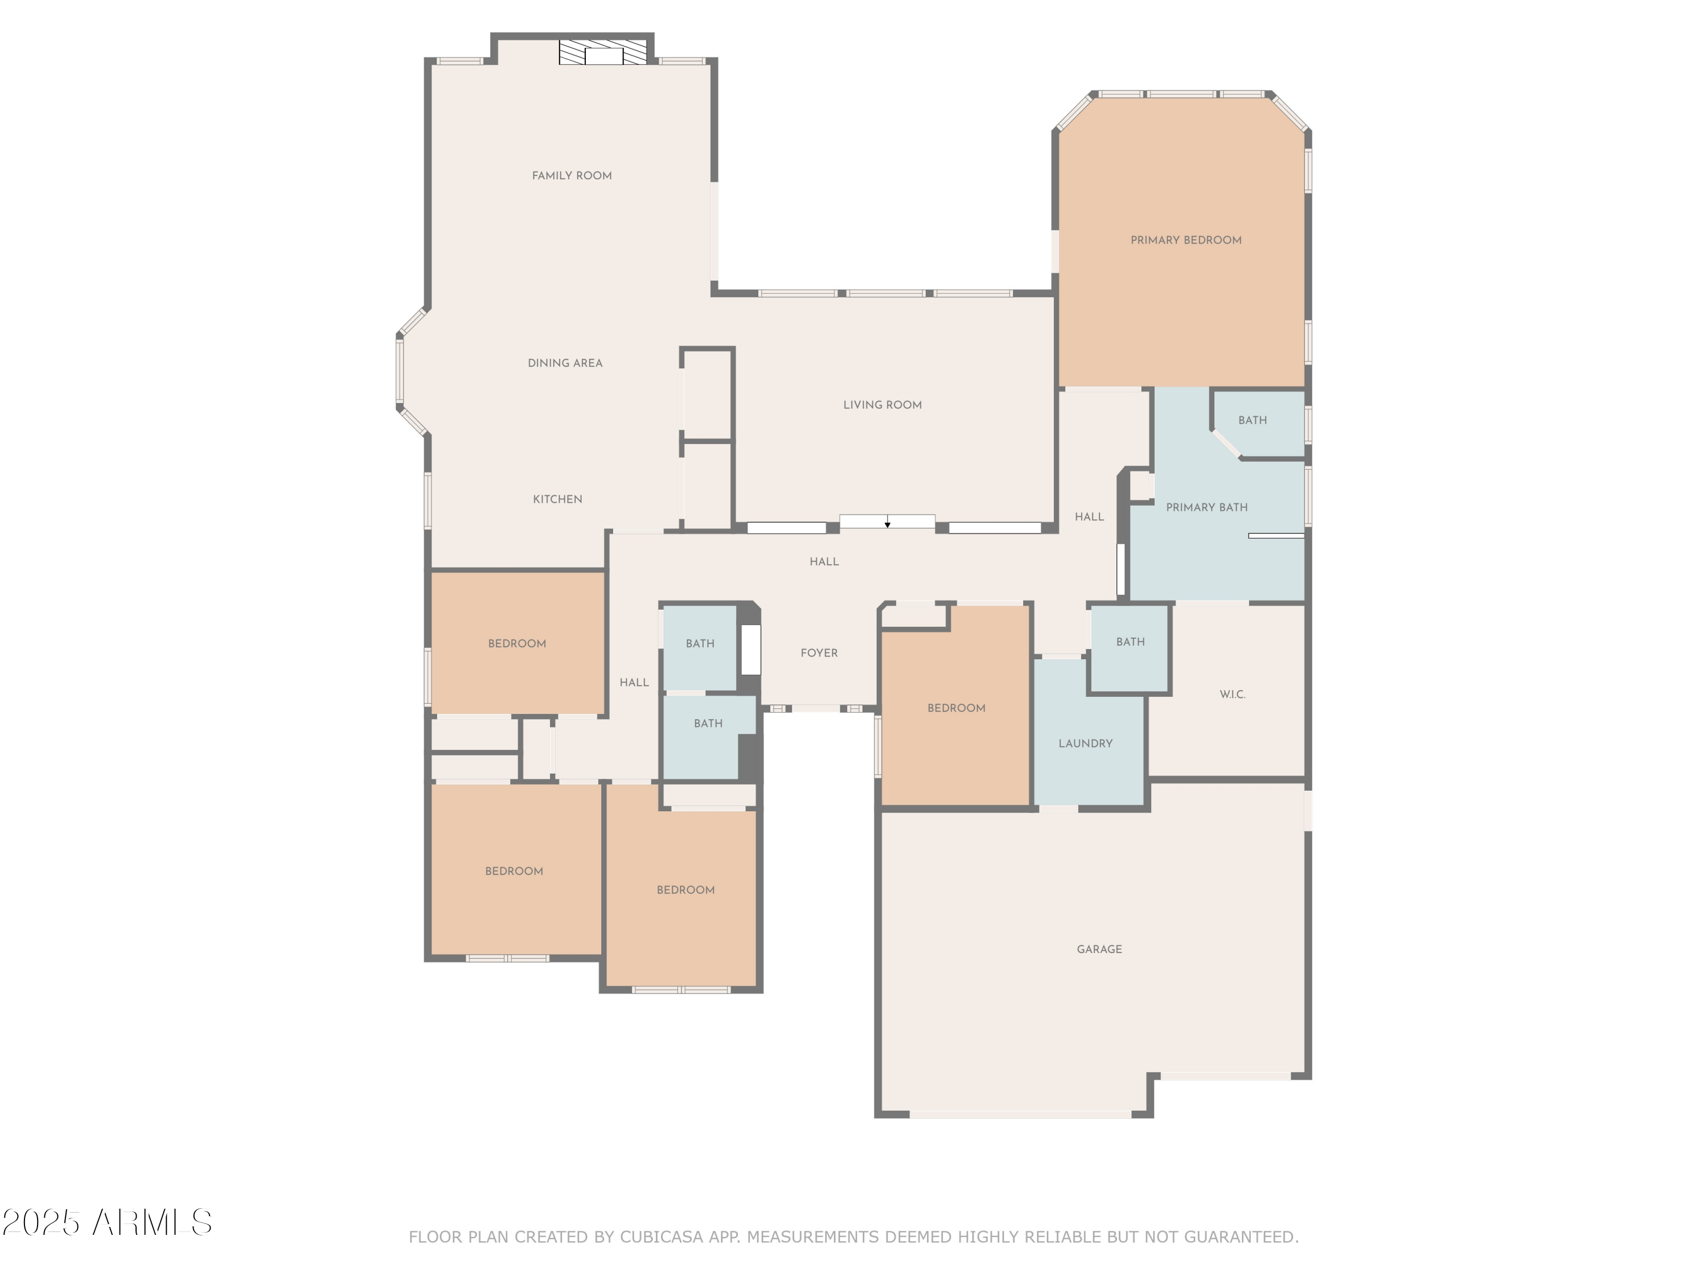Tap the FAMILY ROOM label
click(572, 176)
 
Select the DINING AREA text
click(564, 363)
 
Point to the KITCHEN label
click(557, 499)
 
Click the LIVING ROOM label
click(882, 405)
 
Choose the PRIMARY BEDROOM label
click(1185, 240)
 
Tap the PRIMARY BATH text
click(1206, 507)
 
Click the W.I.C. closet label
click(1231, 694)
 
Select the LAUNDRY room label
click(1085, 744)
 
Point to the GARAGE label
click(1099, 949)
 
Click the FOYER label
click(819, 653)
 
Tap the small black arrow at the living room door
click(887, 525)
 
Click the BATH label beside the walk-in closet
click(1130, 642)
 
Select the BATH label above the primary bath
click(1251, 420)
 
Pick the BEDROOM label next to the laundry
click(956, 708)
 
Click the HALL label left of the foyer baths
click(633, 683)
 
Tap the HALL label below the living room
click(823, 561)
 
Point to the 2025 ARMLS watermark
click(106, 1223)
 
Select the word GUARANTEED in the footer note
click(1238, 1237)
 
